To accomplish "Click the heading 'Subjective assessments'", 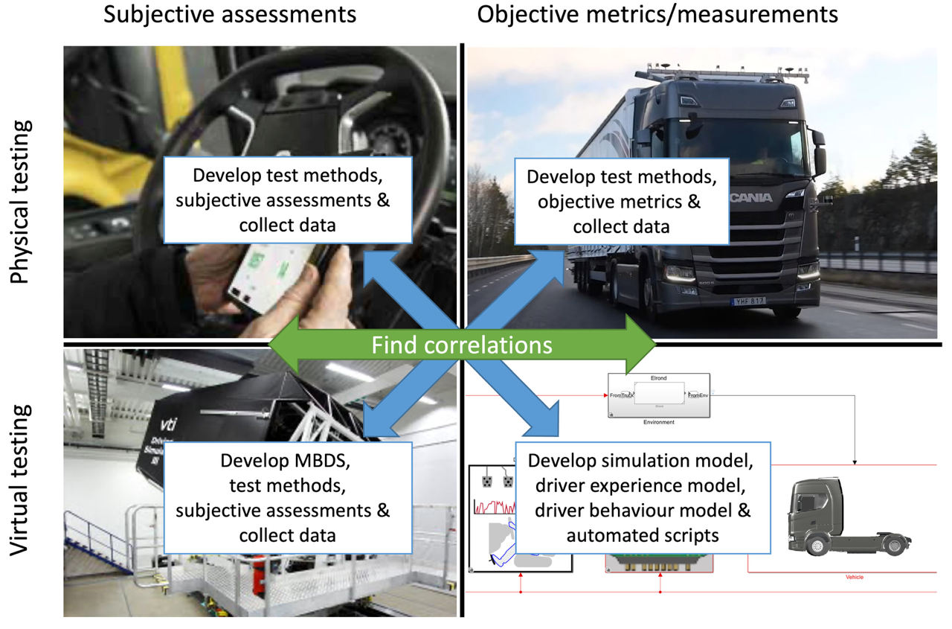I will tap(230, 14).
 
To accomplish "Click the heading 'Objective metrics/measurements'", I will tap(657, 14).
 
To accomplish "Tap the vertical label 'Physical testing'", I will tap(22, 201).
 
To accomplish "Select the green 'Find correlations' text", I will tap(461, 345).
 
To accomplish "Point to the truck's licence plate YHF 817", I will tap(748, 301).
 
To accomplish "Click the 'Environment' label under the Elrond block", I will tap(658, 422).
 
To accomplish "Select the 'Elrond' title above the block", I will tap(659, 377).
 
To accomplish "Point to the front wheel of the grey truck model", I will tap(817, 547).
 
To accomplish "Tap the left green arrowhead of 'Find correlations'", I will tap(282, 345).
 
